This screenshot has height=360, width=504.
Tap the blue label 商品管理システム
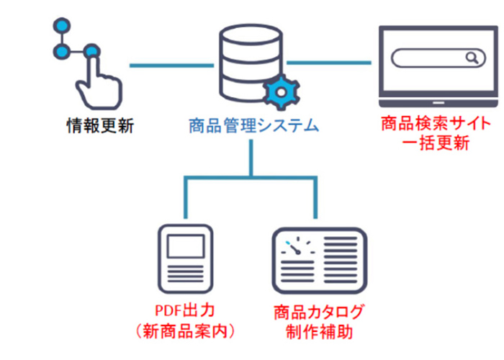252,127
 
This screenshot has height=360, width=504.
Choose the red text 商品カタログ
318,312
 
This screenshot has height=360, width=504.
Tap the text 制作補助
318,332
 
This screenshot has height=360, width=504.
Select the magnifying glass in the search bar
472,57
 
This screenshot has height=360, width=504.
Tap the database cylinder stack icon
248,61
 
